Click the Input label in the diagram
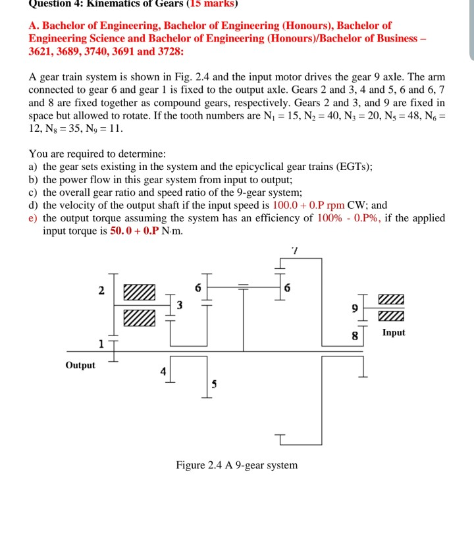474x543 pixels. [x=393, y=333]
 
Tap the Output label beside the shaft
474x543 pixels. [x=80, y=365]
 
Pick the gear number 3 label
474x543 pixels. [x=180, y=304]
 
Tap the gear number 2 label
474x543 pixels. [x=101, y=290]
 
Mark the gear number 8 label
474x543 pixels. [x=355, y=335]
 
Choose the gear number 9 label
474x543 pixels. [x=355, y=308]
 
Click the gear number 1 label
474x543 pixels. [x=101, y=343]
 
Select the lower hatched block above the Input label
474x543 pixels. [x=392, y=316]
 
